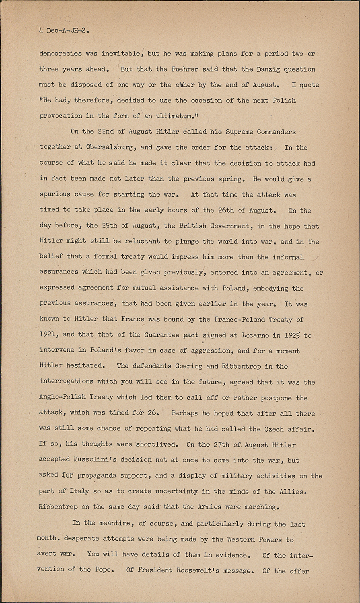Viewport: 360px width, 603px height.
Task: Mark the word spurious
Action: click(x=55, y=194)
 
